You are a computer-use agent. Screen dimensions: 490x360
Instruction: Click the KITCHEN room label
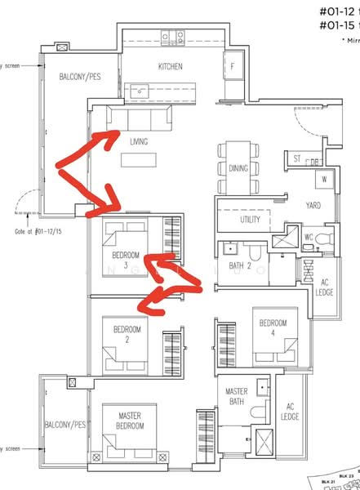pos(171,66)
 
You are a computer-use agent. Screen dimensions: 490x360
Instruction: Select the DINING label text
pos(238,168)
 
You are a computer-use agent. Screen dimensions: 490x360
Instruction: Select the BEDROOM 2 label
pos(127,334)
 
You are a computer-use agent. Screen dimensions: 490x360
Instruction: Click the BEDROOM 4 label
pos(273,327)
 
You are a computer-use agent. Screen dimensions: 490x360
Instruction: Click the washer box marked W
pos(324,178)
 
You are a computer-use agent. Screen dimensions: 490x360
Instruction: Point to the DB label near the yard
pos(314,161)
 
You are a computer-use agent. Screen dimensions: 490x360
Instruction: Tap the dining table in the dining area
pos(238,168)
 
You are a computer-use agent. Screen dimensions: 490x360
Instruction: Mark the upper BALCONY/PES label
pos(80,77)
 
